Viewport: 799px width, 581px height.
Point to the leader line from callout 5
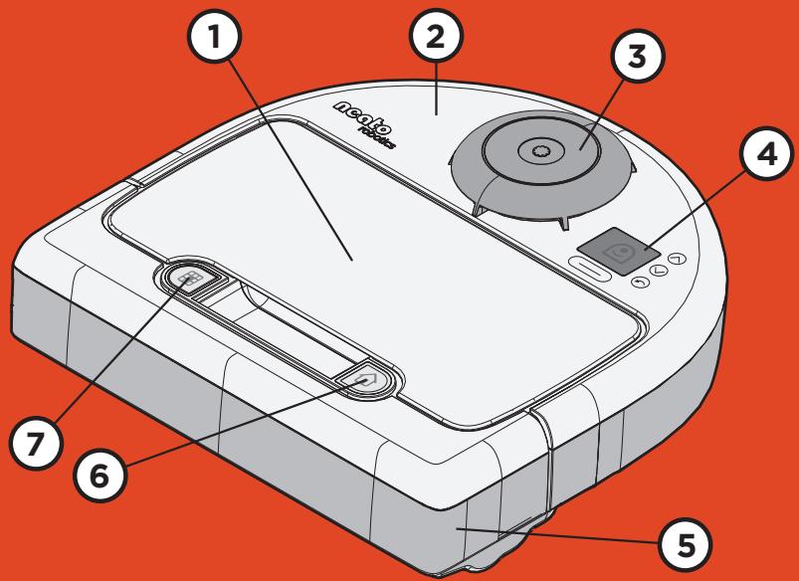tap(557, 536)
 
